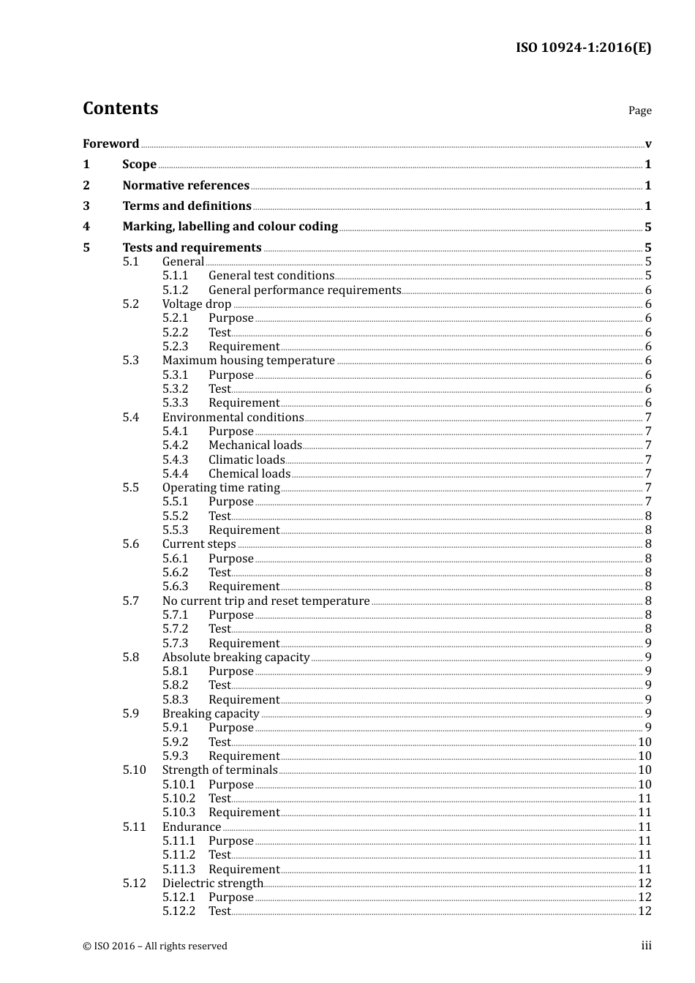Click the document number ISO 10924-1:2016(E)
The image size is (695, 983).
pyautogui.click(x=583, y=48)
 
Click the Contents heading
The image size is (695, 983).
pyautogui.click(x=120, y=108)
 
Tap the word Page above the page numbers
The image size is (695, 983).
pyautogui.click(x=639, y=110)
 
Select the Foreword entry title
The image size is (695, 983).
pyautogui.click(x=110, y=143)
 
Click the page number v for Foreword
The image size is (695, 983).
pyautogui.click(x=648, y=144)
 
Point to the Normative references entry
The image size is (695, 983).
pyautogui.click(x=186, y=185)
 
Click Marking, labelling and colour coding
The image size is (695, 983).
pyautogui.click(x=230, y=227)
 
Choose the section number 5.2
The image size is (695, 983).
pyautogui.click(x=130, y=304)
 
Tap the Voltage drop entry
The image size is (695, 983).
pyautogui.click(x=197, y=304)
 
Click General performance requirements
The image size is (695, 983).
pyautogui.click(x=304, y=290)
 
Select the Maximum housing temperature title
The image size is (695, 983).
pyautogui.click(x=248, y=360)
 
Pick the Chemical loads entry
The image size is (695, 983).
pyautogui.click(x=249, y=473)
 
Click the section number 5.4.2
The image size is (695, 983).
pyautogui.click(x=175, y=445)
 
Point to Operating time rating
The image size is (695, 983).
pyautogui.click(x=221, y=487)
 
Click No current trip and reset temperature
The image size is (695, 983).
pyautogui.click(x=266, y=600)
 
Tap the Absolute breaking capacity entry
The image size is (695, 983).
pyautogui.click(x=236, y=657)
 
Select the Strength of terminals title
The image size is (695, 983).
pyautogui.click(x=219, y=769)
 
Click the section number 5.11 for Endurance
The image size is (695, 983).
pyautogui.click(x=134, y=826)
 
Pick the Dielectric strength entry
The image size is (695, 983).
pyautogui.click(x=212, y=883)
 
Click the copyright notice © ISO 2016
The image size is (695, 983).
pyautogui.click(x=154, y=946)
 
